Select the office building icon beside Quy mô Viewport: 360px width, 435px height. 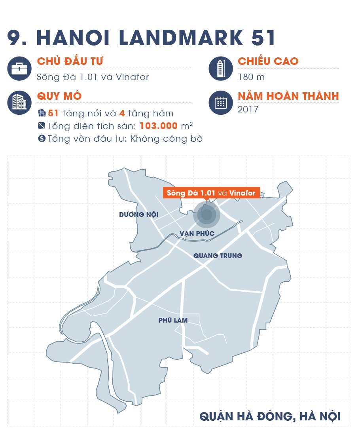tap(19, 103)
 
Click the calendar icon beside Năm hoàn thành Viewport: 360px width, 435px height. tap(220, 103)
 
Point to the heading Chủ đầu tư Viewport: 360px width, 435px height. tap(70, 62)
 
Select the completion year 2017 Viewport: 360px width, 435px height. tap(248, 109)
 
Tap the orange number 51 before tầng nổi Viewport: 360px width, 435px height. tap(53, 114)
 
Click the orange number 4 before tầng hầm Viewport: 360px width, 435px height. tap(122, 114)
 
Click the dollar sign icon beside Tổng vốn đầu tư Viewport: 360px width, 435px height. tap(42, 139)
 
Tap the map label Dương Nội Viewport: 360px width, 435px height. tap(139, 215)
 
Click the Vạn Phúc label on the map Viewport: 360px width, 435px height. tap(197, 234)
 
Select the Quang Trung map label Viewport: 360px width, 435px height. tap(218, 256)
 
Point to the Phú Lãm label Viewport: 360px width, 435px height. tap(173, 320)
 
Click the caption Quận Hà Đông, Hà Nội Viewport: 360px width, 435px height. tap(270, 417)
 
